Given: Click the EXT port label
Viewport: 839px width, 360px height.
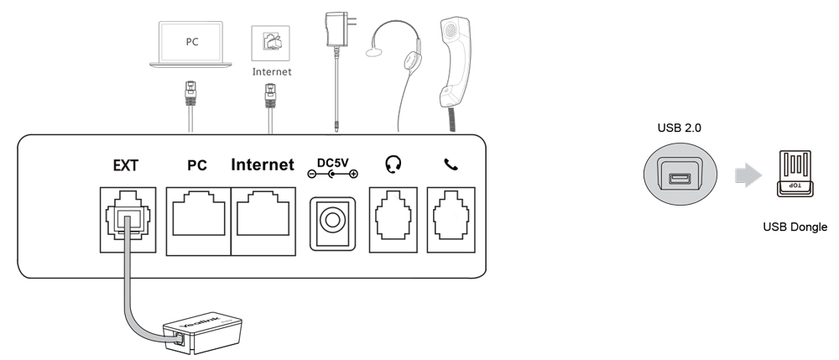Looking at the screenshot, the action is tap(126, 166).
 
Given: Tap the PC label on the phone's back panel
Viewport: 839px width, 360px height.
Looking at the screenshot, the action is tap(197, 166).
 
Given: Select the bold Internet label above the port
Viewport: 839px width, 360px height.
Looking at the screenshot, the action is tap(262, 164).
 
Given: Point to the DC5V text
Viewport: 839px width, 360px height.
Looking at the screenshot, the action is tap(333, 163).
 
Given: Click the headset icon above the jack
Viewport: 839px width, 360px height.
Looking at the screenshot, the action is tap(393, 164).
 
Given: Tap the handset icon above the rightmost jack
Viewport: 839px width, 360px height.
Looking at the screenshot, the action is tap(451, 164).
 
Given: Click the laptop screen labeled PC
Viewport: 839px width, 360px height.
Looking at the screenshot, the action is tap(191, 42).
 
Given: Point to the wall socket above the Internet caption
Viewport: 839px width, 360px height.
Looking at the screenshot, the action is tap(271, 44).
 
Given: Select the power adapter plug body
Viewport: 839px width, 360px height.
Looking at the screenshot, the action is tap(336, 30).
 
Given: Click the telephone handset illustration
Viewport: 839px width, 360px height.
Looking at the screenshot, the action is tap(454, 63).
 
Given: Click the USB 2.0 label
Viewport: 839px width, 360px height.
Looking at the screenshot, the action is tap(679, 128).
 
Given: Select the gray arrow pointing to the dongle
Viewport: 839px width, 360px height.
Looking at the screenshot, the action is tap(748, 175).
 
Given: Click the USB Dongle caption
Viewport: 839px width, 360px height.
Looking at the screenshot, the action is tap(795, 227).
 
